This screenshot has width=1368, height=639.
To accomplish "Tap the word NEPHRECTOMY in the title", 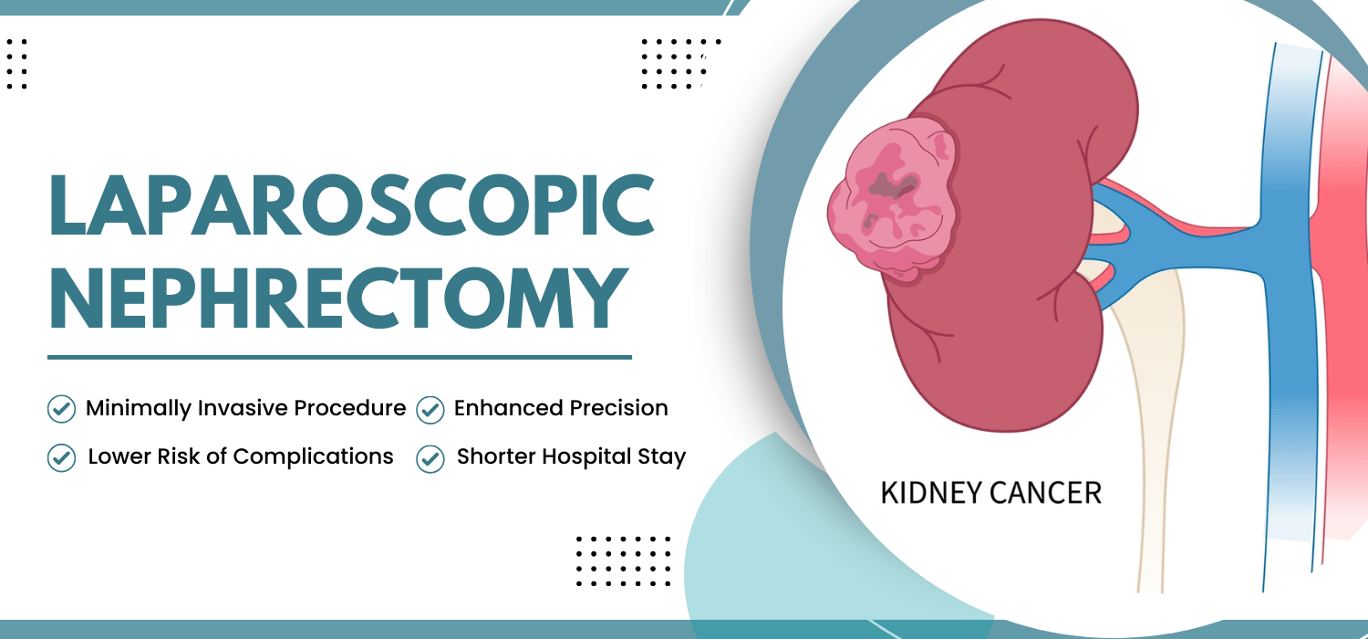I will [338, 299].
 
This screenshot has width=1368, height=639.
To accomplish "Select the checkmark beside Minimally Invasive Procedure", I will [61, 409].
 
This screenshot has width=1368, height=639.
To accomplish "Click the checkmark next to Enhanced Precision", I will [430, 410].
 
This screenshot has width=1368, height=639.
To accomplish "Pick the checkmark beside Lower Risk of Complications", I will [61, 457].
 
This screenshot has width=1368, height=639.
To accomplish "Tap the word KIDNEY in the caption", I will [926, 494].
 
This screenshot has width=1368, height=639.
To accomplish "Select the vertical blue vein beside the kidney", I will [1290, 319].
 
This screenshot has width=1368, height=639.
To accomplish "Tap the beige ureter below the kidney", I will [1154, 411].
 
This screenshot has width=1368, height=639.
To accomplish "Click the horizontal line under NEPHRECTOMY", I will [339, 357].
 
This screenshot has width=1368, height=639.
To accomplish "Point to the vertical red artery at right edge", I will [1345, 319].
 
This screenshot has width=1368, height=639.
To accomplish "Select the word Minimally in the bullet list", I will [138, 408].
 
